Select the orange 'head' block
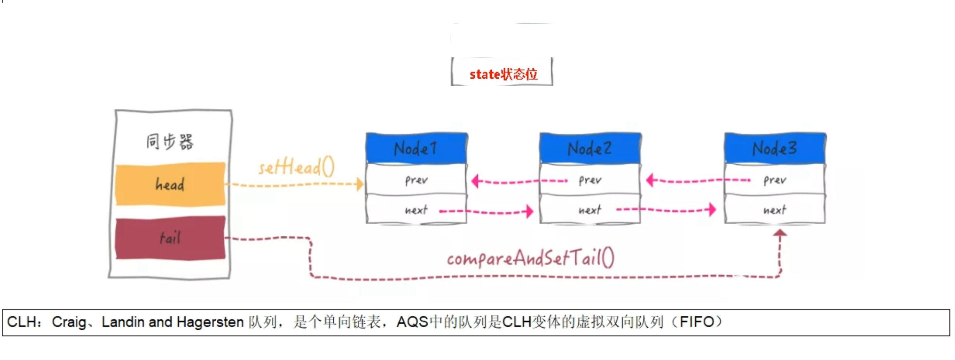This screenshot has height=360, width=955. pos(170,184)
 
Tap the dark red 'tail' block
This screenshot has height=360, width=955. pos(170,238)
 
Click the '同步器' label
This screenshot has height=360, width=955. pos(170,142)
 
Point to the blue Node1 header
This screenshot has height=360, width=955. pos(416,148)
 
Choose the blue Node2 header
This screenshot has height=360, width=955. pos(590,148)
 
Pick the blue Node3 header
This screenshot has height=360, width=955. pos(775,148)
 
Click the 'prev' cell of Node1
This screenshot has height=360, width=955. pos(416,180)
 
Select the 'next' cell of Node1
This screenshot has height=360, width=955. pos(416,210)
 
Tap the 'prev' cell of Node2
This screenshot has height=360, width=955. pos(590,180)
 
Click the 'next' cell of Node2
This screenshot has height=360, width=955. pos(590,210)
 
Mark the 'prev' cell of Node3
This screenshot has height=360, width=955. pos(775,180)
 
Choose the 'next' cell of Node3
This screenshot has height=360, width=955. pos(775,210)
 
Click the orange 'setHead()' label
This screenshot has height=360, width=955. pos(297,168)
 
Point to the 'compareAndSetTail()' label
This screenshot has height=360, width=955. pos(531,259)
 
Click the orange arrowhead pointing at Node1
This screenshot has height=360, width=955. pos(360,184)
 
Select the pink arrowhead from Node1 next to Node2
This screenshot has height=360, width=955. pos(529,211)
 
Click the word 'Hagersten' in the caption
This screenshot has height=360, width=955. pos(210,322)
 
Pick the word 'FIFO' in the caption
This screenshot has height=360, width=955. pos(697,322)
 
